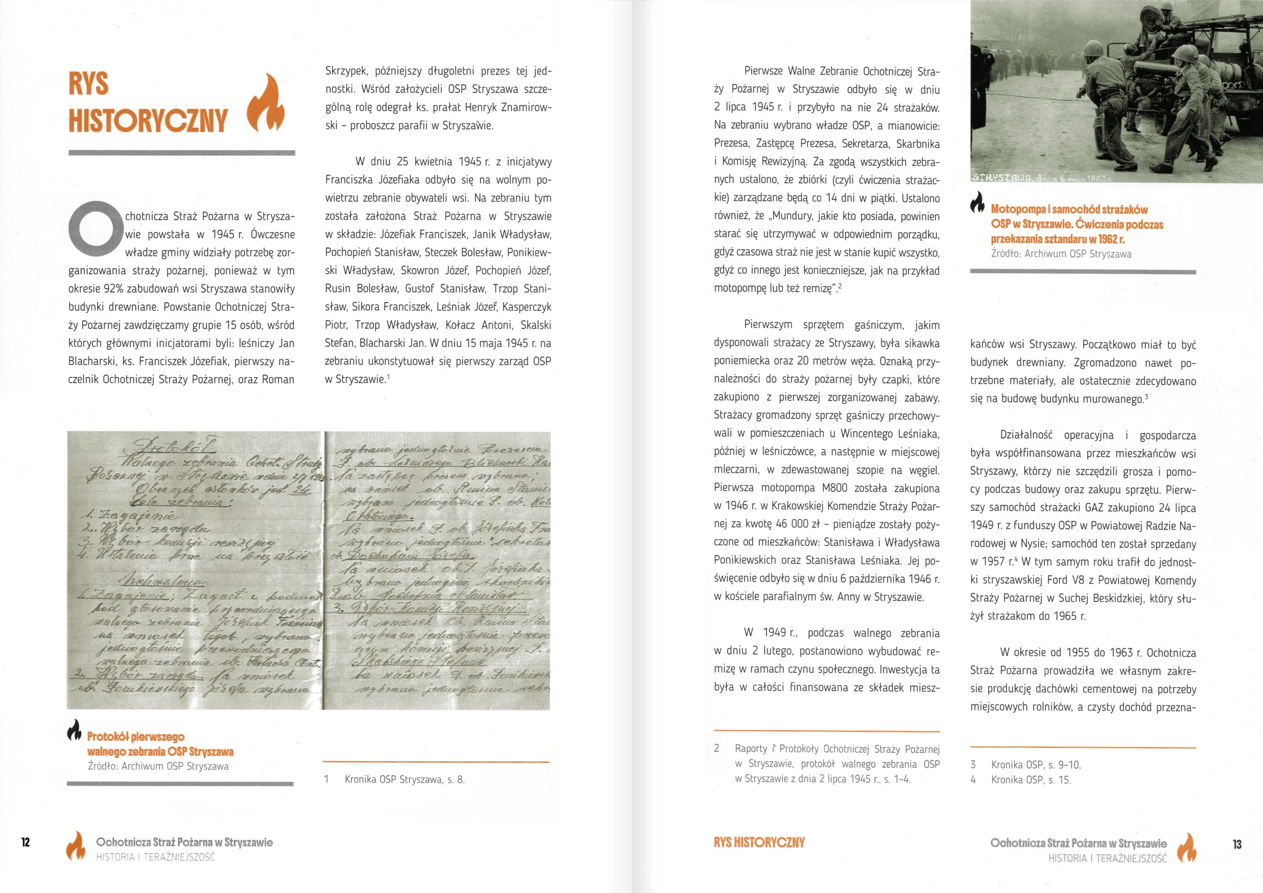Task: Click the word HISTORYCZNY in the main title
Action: [x=148, y=120]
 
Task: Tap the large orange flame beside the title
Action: [x=266, y=103]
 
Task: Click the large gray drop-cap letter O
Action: [x=95, y=228]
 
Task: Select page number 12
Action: [x=26, y=842]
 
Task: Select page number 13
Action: [x=1237, y=844]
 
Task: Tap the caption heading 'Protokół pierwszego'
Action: [x=136, y=737]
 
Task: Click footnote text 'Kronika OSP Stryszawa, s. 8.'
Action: [x=405, y=779]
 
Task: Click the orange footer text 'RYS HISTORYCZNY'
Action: [x=759, y=842]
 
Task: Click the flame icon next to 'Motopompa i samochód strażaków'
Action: [x=977, y=202]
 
